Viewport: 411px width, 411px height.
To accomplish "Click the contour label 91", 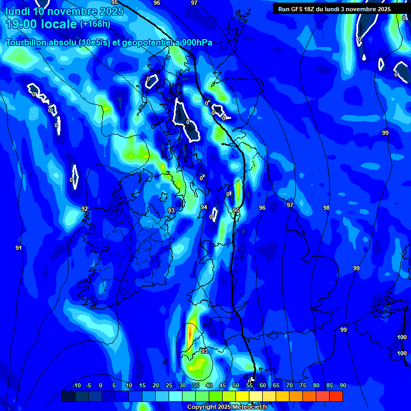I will (x=18, y=248).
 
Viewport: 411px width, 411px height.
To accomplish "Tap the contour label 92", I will (x=84, y=209).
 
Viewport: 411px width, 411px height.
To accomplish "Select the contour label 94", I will (x=203, y=207).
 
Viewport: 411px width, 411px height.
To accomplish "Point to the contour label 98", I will (x=326, y=208).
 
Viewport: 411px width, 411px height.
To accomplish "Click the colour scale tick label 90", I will (x=342, y=385).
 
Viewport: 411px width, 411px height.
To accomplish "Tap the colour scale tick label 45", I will (x=222, y=385).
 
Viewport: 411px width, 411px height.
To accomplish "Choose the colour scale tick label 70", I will (x=289, y=385).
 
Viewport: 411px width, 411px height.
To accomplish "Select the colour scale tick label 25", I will (x=169, y=385).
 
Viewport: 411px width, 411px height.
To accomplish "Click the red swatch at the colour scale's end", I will (x=336, y=396).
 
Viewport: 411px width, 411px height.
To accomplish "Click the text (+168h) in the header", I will (x=95, y=24).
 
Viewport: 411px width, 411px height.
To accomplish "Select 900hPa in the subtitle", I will (x=195, y=43).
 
